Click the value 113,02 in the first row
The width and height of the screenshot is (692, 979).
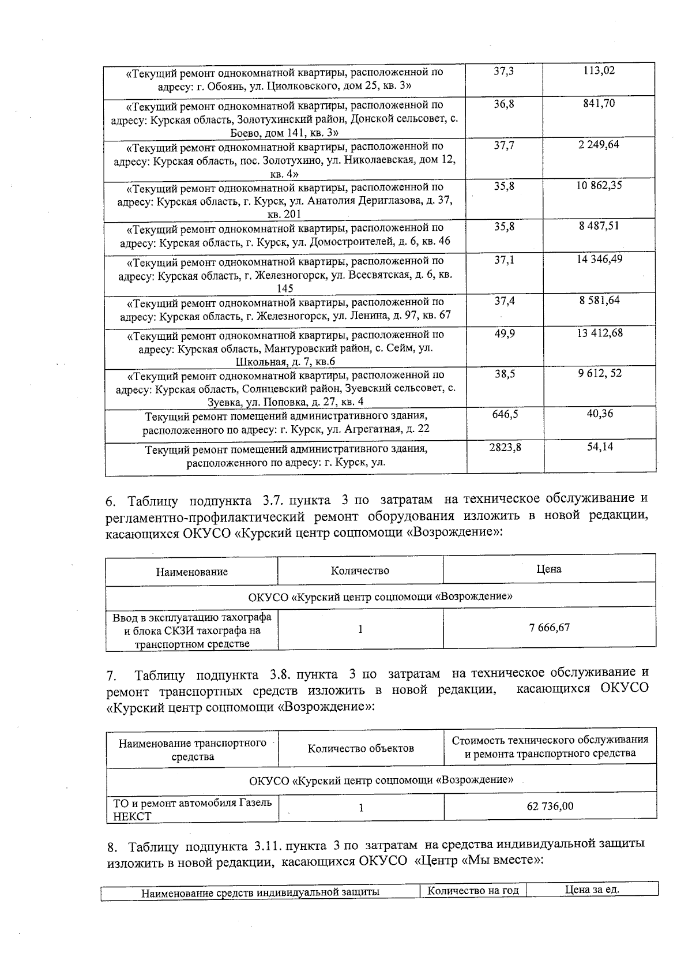pos(599,71)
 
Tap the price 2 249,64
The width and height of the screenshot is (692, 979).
pos(599,145)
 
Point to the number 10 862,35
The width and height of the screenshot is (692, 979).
pos(599,186)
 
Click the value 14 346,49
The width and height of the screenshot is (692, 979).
pos(599,260)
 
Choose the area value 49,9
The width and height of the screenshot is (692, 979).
pos(505,333)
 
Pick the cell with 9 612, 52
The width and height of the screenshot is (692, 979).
pos(600,374)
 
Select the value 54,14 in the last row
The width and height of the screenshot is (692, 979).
pos(599,447)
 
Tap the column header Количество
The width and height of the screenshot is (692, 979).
pos(360,571)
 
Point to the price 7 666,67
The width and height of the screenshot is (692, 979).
pos(549,628)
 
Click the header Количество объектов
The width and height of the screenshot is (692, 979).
pos(361,749)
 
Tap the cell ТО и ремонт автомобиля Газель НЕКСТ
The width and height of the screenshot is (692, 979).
pos(192,809)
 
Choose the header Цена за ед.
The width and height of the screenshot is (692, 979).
pos(592,890)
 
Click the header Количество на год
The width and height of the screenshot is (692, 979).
pos(473,891)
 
